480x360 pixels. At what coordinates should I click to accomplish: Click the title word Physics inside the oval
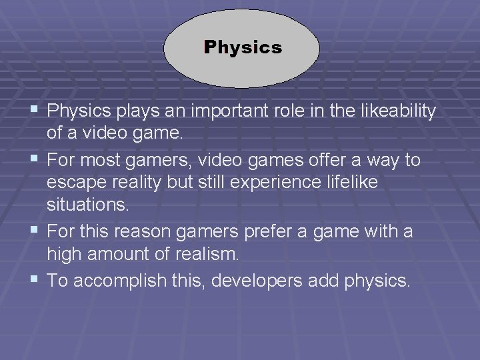pyautogui.click(x=243, y=48)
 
